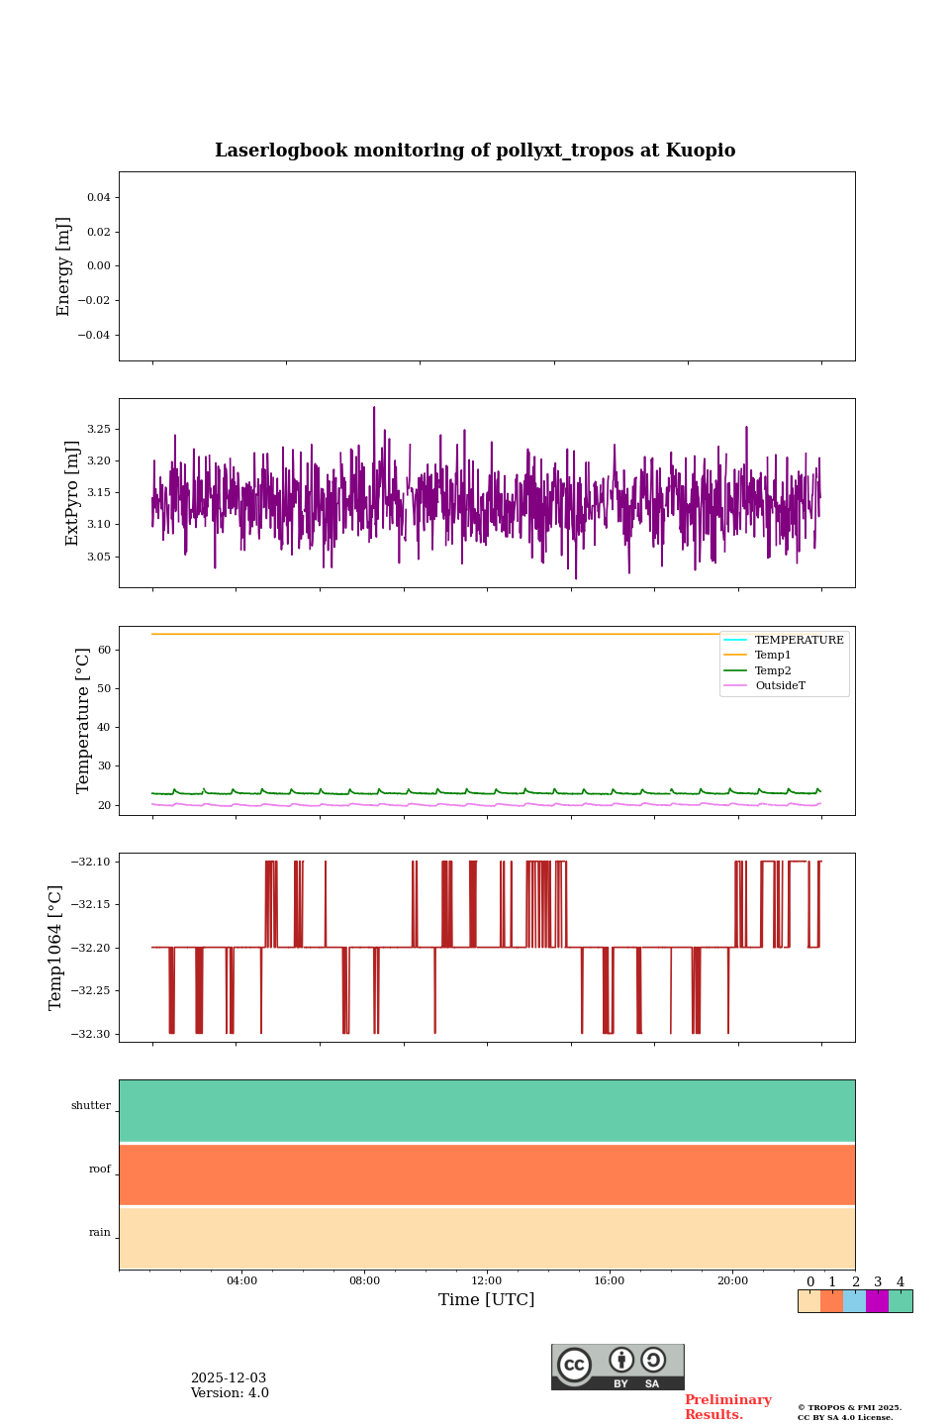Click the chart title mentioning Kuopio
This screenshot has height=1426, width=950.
coord(475,151)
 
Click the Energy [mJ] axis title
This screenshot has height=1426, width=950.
coord(64,266)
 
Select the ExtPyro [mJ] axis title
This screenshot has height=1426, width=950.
coord(72,493)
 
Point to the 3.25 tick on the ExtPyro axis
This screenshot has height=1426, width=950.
coord(98,430)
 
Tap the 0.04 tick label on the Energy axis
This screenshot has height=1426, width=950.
coord(98,198)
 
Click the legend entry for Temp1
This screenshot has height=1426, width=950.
coord(772,656)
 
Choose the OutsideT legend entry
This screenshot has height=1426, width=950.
coord(780,686)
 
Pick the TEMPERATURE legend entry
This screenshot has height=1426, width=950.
coord(799,641)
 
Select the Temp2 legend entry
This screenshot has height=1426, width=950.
coord(772,671)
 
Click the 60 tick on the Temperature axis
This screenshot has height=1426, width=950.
coord(105,651)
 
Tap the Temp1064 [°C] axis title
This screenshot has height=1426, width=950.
coord(56,948)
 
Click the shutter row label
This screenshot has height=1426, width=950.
coord(91,1106)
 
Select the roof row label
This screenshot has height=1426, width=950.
coord(100,1170)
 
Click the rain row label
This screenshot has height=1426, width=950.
coord(100,1233)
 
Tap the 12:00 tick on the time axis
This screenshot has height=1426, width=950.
coord(487,1280)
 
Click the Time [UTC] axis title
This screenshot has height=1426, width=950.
coord(487,1300)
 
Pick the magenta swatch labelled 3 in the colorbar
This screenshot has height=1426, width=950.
coord(877,1301)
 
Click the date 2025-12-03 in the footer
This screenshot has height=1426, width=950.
coord(229,1378)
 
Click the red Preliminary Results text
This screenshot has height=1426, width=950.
coord(727,1407)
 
